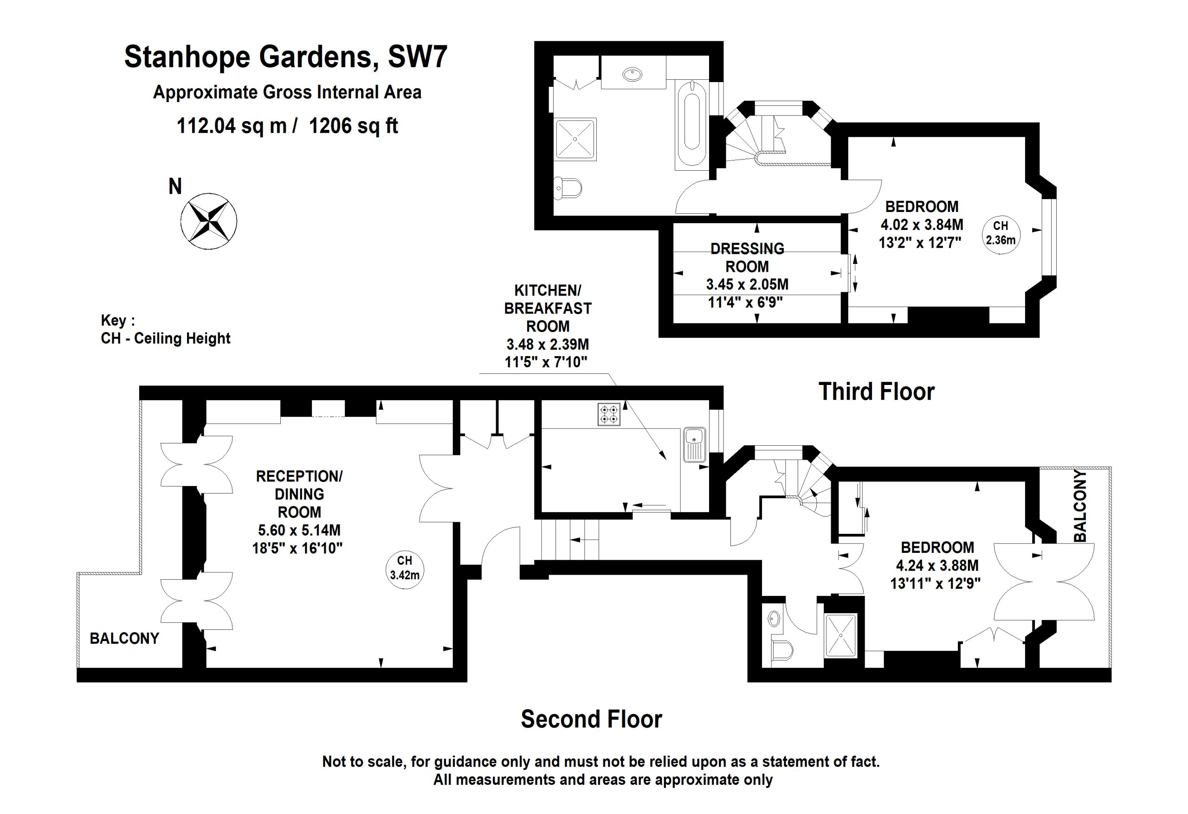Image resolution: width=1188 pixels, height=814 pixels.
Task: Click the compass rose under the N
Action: pos(208,221)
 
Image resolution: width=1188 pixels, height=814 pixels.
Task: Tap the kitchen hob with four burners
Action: pos(609,414)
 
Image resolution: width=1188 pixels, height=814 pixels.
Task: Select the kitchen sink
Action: pos(695,444)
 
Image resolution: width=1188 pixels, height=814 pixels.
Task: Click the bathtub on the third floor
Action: pos(691,125)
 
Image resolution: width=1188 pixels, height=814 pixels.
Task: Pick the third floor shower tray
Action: pos(575,139)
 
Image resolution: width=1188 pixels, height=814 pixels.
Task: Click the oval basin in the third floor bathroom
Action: pos(633,75)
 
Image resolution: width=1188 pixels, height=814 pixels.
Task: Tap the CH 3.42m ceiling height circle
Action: pos(404,570)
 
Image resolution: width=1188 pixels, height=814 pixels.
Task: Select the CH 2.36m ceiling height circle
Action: pos(1001,235)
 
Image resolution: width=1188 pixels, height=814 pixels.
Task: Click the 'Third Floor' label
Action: pos(876,392)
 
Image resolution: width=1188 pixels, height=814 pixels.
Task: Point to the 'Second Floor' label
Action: pos(591,719)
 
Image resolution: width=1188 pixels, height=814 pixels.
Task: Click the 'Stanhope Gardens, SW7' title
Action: pos(286,56)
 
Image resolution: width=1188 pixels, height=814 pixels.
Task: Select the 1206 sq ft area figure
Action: pos(353,126)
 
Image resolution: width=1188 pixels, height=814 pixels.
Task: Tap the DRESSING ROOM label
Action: pos(747,257)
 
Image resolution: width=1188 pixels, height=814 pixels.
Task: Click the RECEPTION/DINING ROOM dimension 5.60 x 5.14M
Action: pos(299,530)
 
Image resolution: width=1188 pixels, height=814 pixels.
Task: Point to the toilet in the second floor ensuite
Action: pos(781,648)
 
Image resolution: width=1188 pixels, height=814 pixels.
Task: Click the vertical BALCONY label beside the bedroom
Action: pos(1079,506)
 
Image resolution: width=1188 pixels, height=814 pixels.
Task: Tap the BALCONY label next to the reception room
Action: pos(124,638)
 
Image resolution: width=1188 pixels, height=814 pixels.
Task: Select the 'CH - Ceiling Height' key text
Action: pos(166,339)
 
